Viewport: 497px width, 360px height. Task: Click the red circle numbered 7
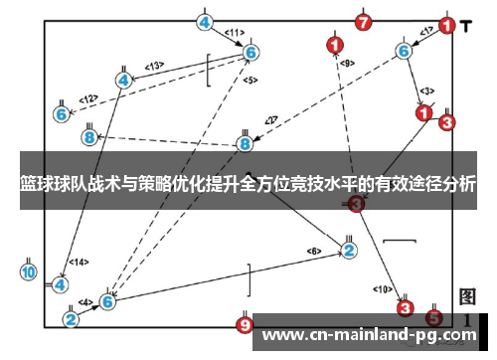click(364, 21)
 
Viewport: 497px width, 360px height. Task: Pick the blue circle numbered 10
click(28, 270)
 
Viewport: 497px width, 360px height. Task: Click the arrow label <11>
click(235, 32)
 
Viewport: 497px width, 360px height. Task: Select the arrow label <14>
click(77, 263)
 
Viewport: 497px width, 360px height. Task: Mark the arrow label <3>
click(425, 90)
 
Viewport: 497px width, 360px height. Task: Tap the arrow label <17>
click(425, 32)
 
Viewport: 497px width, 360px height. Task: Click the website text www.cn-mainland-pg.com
click(367, 335)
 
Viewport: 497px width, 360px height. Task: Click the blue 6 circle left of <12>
click(62, 114)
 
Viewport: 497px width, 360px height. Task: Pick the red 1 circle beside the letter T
click(449, 25)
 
